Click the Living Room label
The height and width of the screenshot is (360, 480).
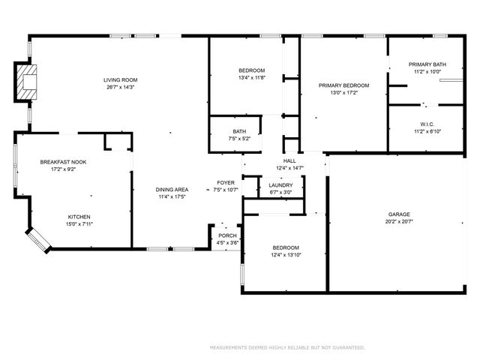click(120, 80)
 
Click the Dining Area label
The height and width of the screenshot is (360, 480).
click(172, 190)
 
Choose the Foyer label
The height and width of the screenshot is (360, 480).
click(226, 183)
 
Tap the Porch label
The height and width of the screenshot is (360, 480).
click(228, 235)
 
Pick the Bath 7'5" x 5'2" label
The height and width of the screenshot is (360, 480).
click(239, 131)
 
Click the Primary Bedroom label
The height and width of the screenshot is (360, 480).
click(343, 85)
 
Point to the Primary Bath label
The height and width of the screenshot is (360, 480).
click(427, 64)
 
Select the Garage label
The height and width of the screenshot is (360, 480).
click(398, 214)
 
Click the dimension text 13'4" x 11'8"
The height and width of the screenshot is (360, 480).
click(251, 77)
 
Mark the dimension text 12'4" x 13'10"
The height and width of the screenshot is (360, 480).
click(285, 255)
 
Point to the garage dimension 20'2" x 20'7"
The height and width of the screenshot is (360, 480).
click(398, 222)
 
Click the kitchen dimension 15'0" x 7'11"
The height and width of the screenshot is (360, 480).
click(79, 223)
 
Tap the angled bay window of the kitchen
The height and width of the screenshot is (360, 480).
click(37, 239)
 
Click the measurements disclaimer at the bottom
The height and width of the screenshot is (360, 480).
click(287, 347)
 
